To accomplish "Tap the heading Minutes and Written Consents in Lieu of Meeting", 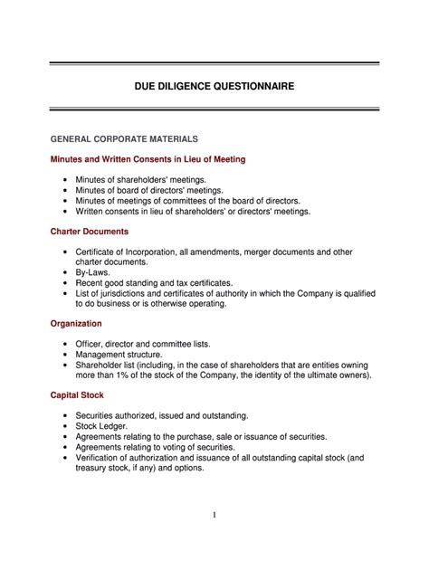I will tap(148, 159).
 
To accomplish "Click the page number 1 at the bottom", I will tap(214, 515).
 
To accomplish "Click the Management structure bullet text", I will tap(126, 355).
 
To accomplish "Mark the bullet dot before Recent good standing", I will tap(66, 282).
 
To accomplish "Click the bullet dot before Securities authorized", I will tap(66, 414).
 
